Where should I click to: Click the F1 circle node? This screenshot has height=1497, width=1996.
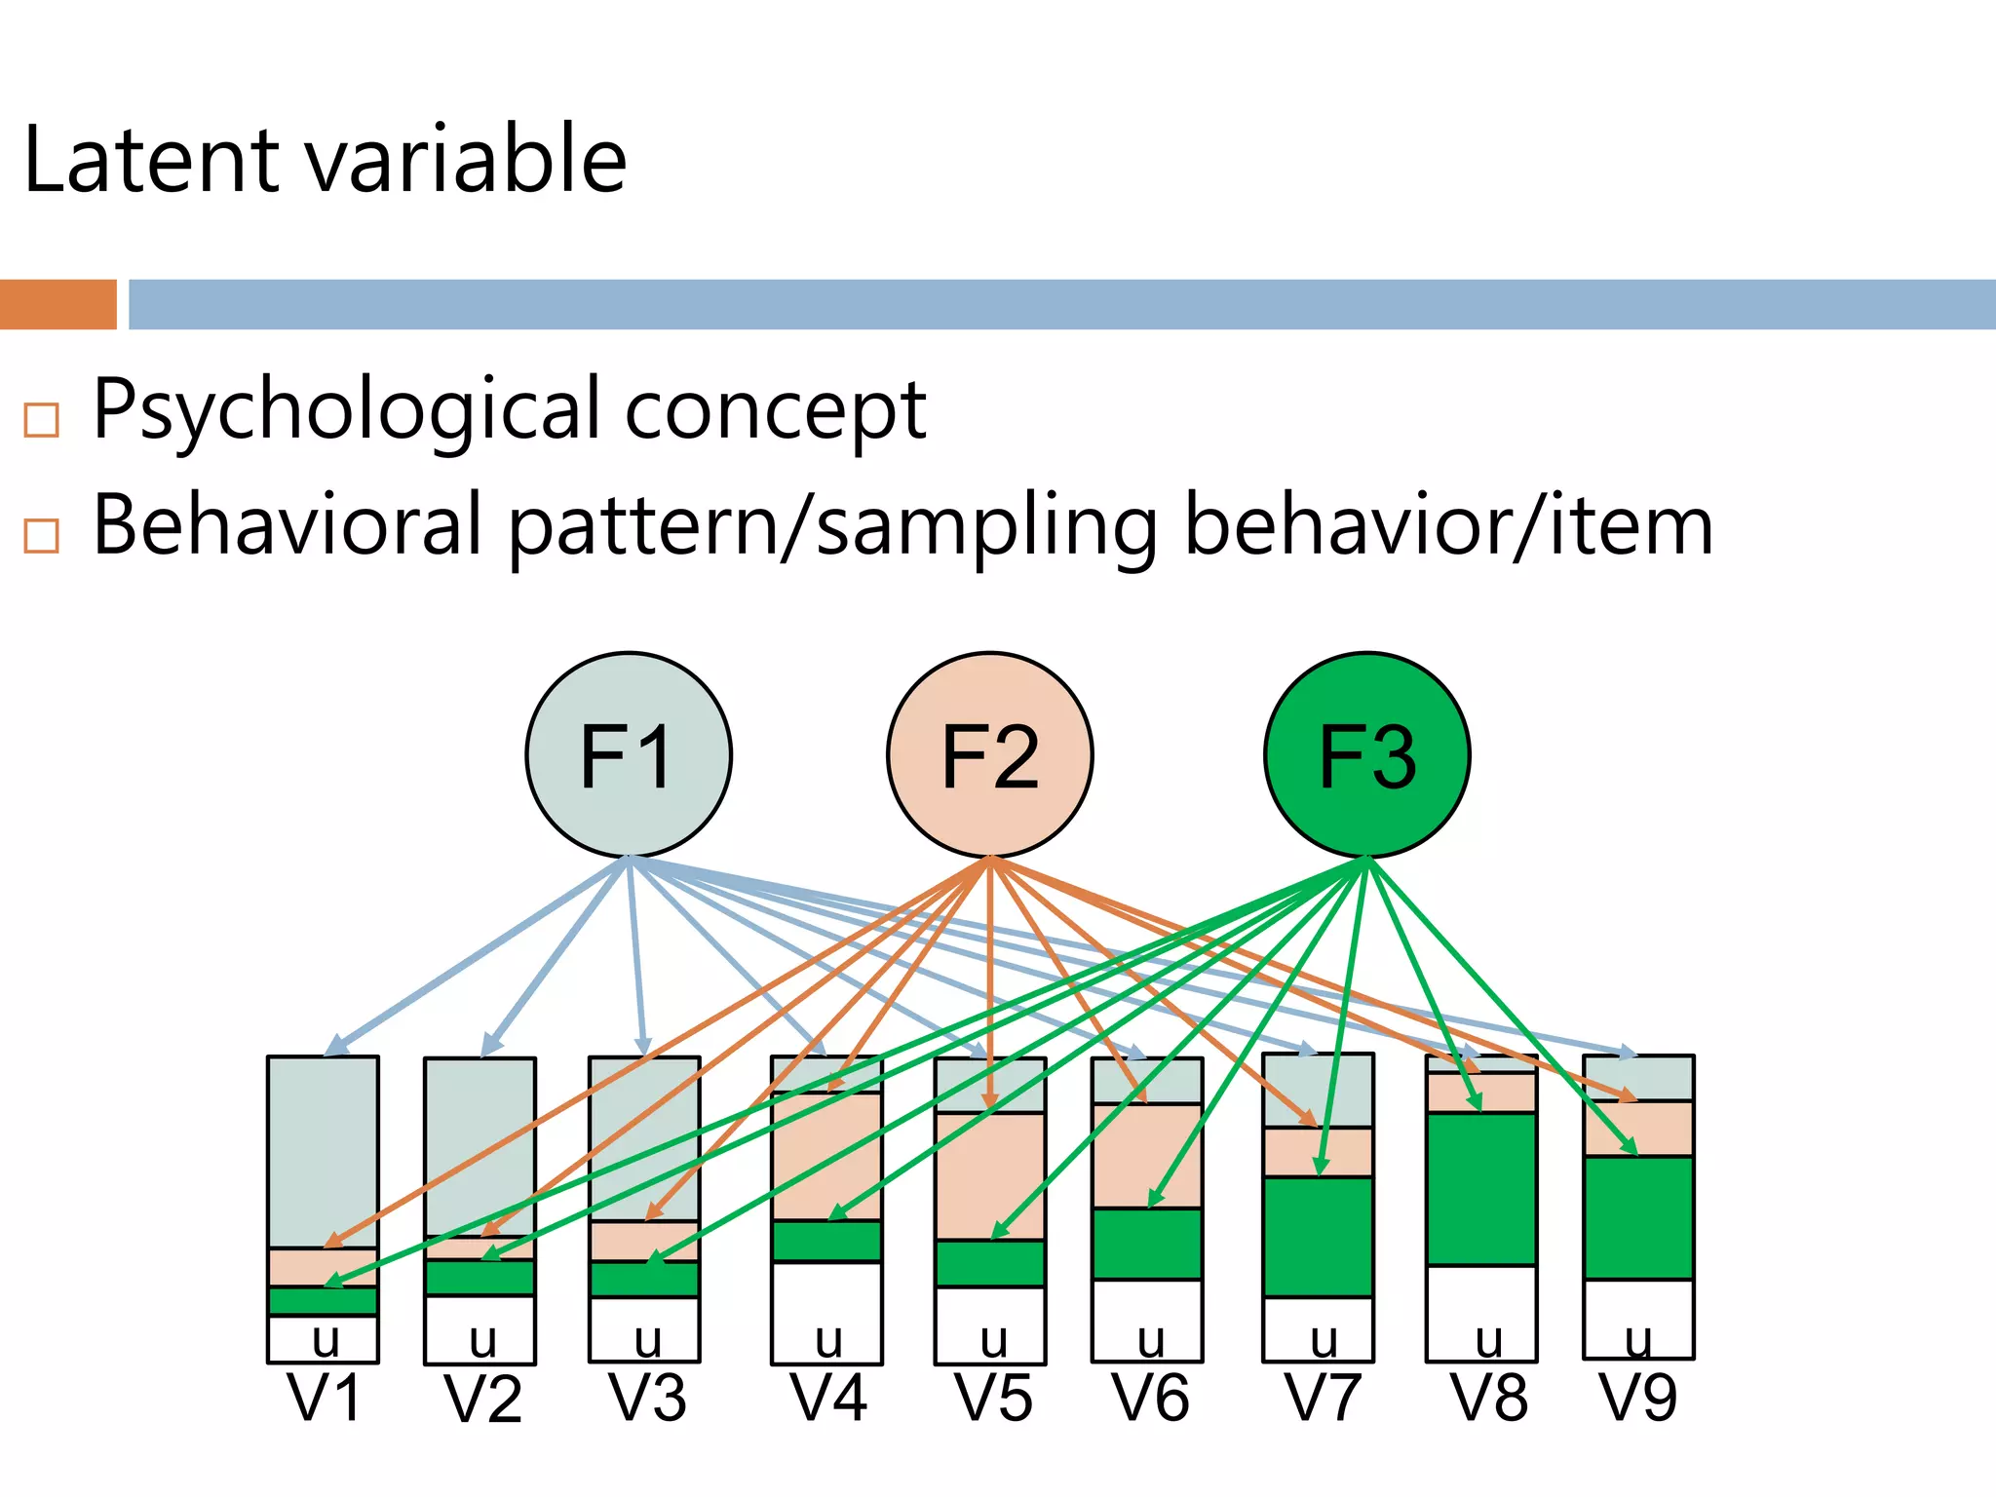(x=628, y=755)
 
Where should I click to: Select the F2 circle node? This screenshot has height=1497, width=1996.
(x=989, y=755)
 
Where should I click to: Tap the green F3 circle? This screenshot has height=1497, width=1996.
(x=1366, y=755)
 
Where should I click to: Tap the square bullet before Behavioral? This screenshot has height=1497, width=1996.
(x=42, y=535)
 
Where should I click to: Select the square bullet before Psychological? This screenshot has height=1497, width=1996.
(x=42, y=420)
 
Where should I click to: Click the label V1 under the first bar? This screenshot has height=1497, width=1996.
(x=325, y=1398)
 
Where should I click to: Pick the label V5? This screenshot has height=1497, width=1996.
(x=992, y=1398)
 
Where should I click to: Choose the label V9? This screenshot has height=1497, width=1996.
(x=1638, y=1398)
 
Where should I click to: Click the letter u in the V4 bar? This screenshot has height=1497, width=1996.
(x=828, y=1341)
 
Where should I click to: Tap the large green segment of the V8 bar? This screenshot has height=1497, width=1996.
(x=1480, y=1189)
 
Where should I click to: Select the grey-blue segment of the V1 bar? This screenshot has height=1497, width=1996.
(x=323, y=1150)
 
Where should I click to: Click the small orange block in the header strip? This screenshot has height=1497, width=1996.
(x=58, y=304)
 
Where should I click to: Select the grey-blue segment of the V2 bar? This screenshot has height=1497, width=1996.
(x=480, y=1146)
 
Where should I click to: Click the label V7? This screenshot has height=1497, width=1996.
(x=1322, y=1398)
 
